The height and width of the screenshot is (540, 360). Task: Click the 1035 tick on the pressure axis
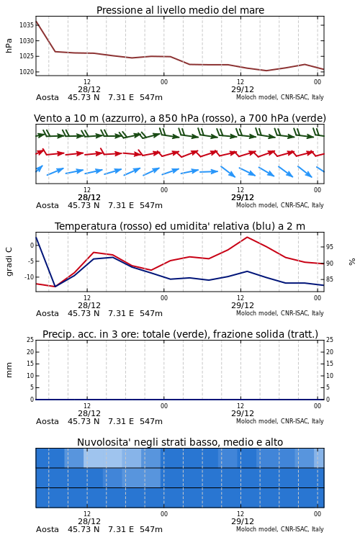coord(26,25)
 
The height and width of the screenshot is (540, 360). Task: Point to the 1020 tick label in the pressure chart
coord(26,72)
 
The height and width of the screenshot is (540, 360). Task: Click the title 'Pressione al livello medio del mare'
coord(180,10)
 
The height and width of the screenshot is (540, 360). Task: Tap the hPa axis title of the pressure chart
coord(9,45)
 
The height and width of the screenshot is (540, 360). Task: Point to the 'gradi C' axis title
coord(9,262)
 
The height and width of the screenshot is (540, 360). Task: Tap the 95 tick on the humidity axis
coord(330,247)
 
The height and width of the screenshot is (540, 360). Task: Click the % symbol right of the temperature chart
coord(352,262)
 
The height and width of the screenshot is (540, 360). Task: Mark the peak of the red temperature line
coord(247,237)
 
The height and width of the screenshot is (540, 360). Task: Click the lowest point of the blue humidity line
coord(55,287)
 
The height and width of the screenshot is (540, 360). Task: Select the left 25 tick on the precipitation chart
coord(30,340)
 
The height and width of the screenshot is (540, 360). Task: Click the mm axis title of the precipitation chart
coord(9,370)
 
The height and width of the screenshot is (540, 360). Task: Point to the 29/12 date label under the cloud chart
coord(243,521)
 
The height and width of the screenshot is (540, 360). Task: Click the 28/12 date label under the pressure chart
coord(89,89)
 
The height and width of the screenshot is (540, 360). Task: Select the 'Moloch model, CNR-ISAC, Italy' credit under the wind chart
coord(280,205)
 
